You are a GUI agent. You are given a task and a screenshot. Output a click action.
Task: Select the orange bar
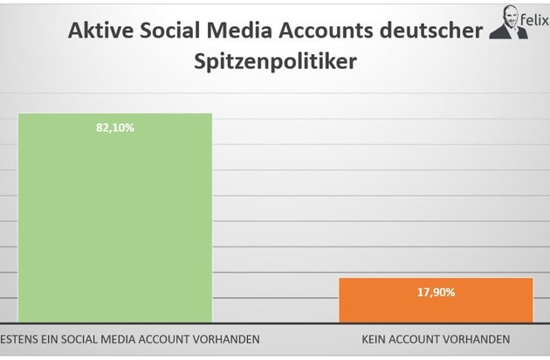[x=435, y=300]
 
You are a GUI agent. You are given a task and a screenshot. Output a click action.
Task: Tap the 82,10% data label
[x=115, y=128]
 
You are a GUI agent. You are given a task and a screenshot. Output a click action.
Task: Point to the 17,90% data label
[x=435, y=293]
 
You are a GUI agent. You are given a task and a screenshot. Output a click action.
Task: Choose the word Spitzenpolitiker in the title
[x=274, y=64]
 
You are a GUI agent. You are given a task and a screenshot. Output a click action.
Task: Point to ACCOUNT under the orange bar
[x=421, y=337]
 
